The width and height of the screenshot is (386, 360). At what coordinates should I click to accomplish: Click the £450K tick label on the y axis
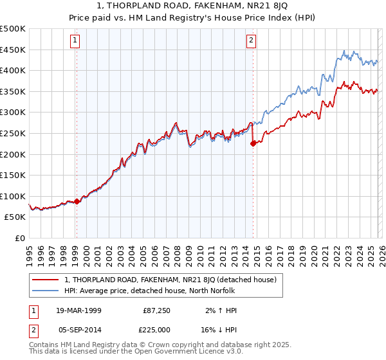pos(13,50)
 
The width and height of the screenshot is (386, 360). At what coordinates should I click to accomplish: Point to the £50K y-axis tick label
pos(15,217)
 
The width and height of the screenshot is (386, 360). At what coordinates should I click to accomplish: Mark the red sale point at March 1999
pos(77,201)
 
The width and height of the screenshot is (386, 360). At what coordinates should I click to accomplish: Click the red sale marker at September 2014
pos(253,143)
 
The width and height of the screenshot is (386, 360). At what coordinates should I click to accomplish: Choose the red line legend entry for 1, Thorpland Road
pos(170,280)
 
